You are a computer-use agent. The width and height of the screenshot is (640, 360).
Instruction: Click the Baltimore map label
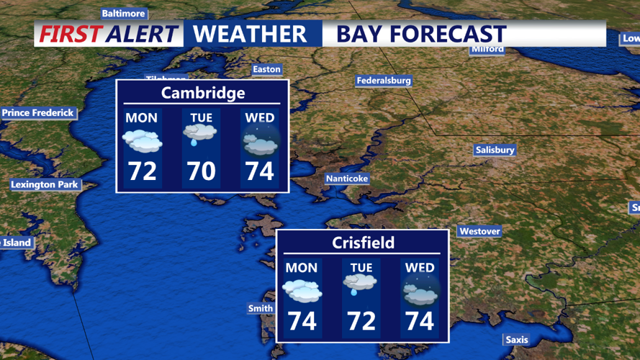pyautogui.click(x=124, y=14)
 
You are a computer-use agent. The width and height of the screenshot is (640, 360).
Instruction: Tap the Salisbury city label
pyautogui.click(x=495, y=150)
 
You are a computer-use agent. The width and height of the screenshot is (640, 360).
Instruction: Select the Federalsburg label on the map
pyautogui.click(x=384, y=81)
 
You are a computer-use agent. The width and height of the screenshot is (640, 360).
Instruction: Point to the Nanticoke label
pyautogui.click(x=347, y=179)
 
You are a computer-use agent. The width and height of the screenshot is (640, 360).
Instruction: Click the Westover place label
pyautogui.click(x=479, y=232)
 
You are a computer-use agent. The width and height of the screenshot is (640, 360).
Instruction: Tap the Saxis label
pyautogui.click(x=516, y=340)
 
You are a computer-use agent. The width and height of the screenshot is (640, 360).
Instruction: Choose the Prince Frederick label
pyautogui.click(x=37, y=113)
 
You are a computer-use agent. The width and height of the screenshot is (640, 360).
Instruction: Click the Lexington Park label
pyautogui.click(x=44, y=185)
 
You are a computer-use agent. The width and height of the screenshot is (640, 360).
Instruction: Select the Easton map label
pyautogui.click(x=266, y=70)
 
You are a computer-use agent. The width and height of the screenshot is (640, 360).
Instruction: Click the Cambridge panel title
pyautogui.click(x=203, y=93)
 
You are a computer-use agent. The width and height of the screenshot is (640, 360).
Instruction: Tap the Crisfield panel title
pyautogui.click(x=363, y=243)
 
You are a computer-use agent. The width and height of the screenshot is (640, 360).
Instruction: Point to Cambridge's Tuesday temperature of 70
pyautogui.click(x=201, y=171)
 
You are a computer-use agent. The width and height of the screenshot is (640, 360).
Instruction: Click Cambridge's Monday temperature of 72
pyautogui.click(x=142, y=171)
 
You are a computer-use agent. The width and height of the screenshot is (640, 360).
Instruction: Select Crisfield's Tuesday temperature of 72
pyautogui.click(x=361, y=320)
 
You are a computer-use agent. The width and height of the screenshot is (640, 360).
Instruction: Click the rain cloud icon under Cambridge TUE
pyautogui.click(x=201, y=135)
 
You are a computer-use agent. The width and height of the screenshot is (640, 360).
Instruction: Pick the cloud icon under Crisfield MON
pyautogui.click(x=302, y=289)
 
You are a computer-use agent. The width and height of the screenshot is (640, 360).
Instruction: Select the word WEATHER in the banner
pyautogui.click(x=250, y=34)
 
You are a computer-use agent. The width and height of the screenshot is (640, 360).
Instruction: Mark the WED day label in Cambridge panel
pyautogui.click(x=259, y=117)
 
